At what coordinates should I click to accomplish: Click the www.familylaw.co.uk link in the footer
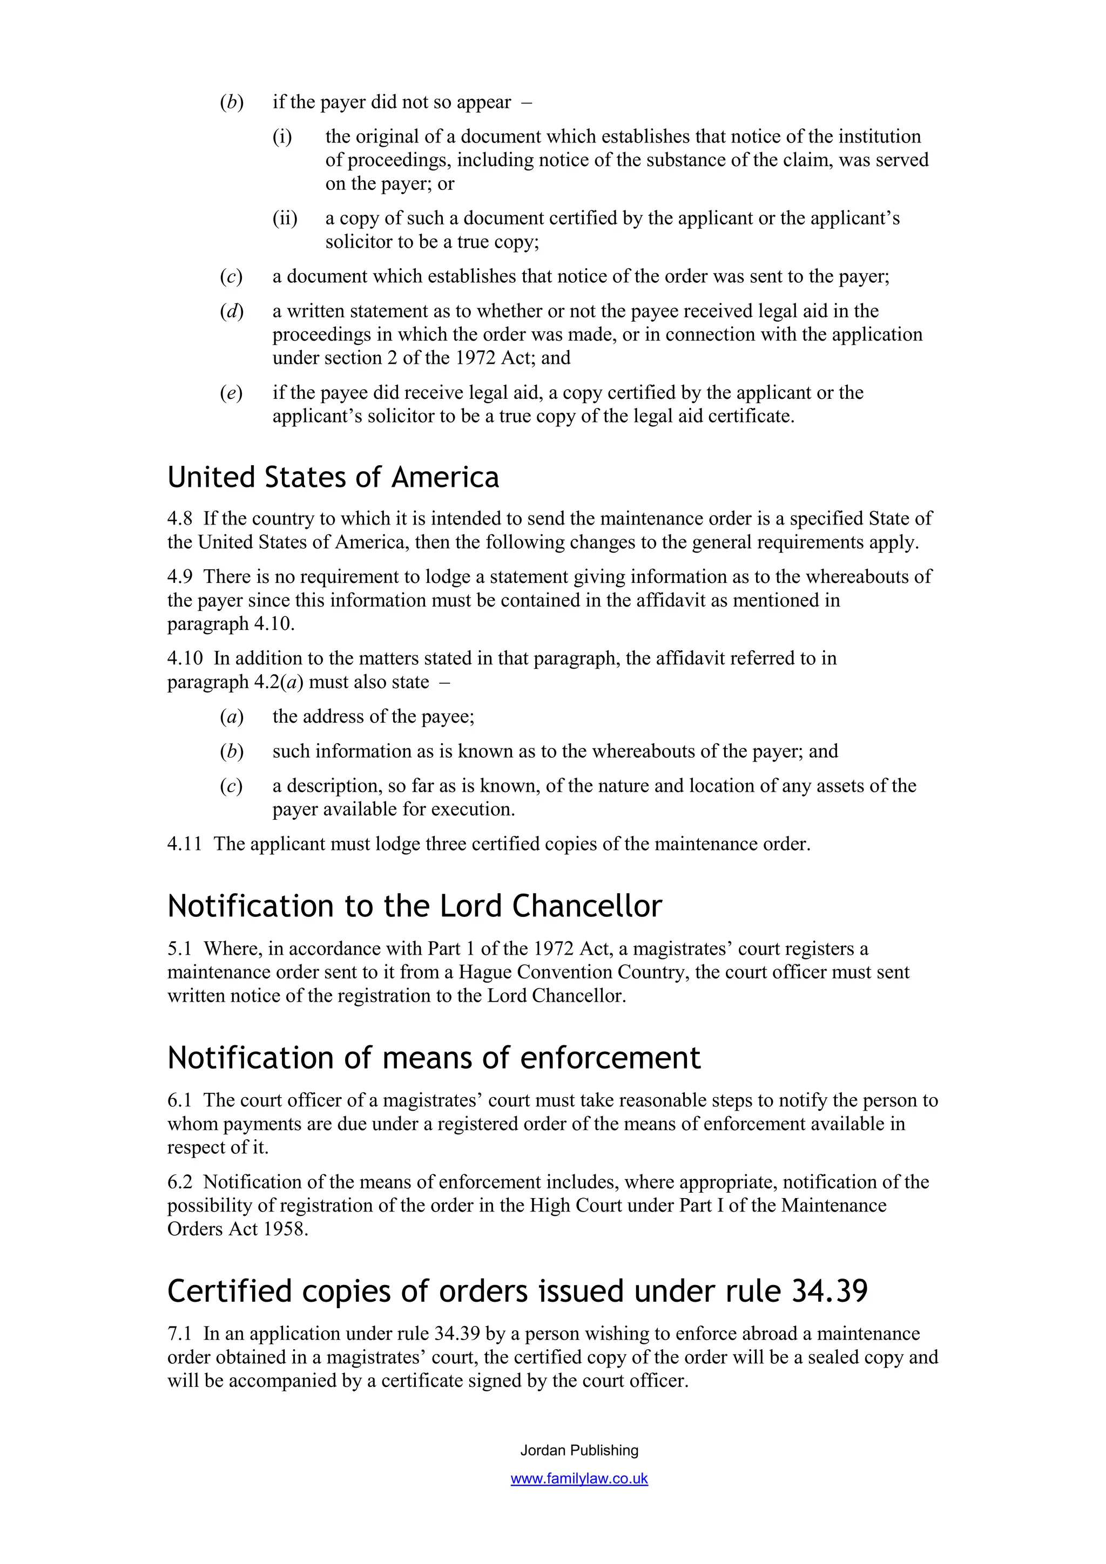click(x=579, y=1479)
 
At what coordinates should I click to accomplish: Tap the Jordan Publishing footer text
click(x=579, y=1450)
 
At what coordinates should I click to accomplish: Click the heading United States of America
click(x=333, y=477)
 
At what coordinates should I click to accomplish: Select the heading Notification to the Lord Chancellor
click(x=414, y=907)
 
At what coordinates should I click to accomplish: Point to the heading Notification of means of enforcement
click(x=434, y=1058)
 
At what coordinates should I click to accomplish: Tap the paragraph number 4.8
click(x=180, y=519)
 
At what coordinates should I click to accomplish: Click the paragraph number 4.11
click(x=185, y=844)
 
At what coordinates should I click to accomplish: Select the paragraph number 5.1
click(x=180, y=949)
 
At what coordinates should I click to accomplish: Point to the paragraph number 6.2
click(x=180, y=1182)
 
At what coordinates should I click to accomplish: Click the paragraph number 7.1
click(x=180, y=1334)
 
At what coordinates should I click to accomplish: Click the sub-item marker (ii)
click(x=285, y=219)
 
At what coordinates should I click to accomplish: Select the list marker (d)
click(x=232, y=311)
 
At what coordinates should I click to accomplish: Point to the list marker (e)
click(x=232, y=393)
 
